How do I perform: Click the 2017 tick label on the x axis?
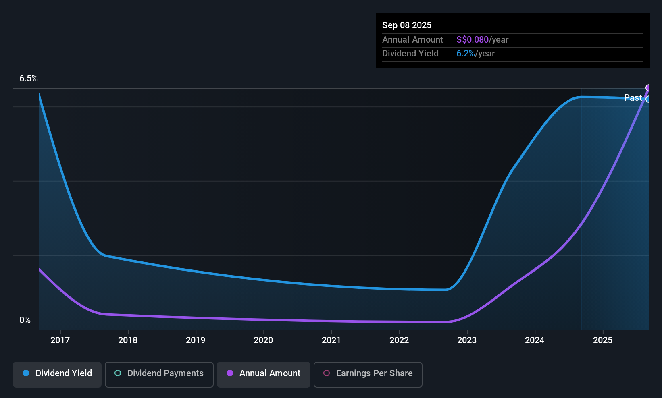pos(60,340)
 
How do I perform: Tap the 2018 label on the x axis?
pos(128,340)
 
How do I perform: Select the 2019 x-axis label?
pos(196,340)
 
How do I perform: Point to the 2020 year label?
pos(263,340)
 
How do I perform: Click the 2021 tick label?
pos(331,340)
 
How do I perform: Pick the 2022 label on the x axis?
pos(399,340)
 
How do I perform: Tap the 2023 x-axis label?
pos(467,340)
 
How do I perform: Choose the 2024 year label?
pos(535,340)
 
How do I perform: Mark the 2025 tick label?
pos(603,340)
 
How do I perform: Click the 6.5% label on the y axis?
pos(29,79)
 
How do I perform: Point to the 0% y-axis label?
pos(25,320)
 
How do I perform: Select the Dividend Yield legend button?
pos(57,373)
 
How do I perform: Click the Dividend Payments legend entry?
pos(159,373)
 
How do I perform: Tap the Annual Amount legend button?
pos(264,373)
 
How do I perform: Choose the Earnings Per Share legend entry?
pos(368,373)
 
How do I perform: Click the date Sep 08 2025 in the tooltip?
pos(407,25)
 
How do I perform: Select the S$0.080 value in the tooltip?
pos(472,40)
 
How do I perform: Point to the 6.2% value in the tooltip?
pos(465,54)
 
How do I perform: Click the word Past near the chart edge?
pos(633,97)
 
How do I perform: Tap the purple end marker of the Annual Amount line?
pos(648,88)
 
